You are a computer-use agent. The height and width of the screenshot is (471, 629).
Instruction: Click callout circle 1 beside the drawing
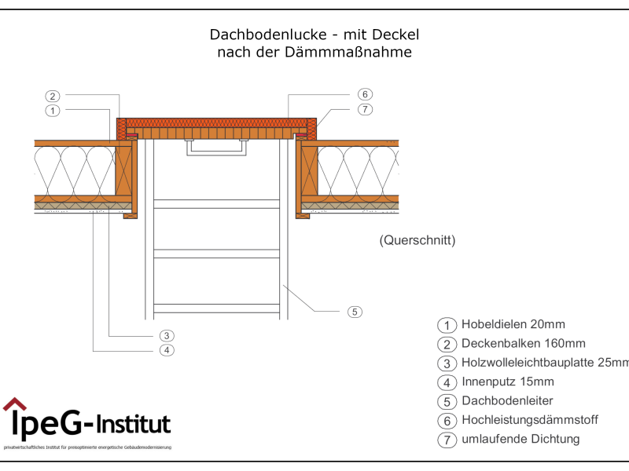point(53,111)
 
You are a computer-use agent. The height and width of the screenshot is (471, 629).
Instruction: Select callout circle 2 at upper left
point(53,97)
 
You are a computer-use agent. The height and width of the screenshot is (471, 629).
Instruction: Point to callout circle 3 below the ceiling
point(167,335)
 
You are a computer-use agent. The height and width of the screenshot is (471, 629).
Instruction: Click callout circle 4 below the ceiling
point(167,350)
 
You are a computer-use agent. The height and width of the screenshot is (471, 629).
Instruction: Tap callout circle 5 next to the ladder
point(355,312)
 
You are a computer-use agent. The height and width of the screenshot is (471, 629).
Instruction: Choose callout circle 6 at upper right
point(365,94)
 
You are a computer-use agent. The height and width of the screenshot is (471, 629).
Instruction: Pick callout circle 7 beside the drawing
point(365,109)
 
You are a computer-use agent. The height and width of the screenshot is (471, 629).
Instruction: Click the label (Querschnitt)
point(417,240)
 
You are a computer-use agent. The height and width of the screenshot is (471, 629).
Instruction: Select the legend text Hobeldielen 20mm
point(513,324)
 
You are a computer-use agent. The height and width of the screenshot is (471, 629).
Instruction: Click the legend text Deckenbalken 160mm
point(523,343)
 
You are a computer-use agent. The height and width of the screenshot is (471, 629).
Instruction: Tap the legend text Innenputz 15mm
point(508,382)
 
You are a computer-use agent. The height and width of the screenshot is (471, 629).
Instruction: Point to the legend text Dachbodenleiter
point(508,401)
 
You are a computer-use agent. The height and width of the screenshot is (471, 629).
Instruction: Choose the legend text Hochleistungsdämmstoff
point(529,420)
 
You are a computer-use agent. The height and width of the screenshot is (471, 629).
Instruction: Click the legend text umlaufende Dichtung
point(520,439)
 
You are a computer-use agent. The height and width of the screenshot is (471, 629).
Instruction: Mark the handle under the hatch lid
point(218,148)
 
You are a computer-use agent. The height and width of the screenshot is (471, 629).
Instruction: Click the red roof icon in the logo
point(14,405)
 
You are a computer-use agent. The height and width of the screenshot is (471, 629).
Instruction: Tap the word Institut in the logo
point(134,425)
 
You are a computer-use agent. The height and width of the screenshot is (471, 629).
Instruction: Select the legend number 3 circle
point(447,363)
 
